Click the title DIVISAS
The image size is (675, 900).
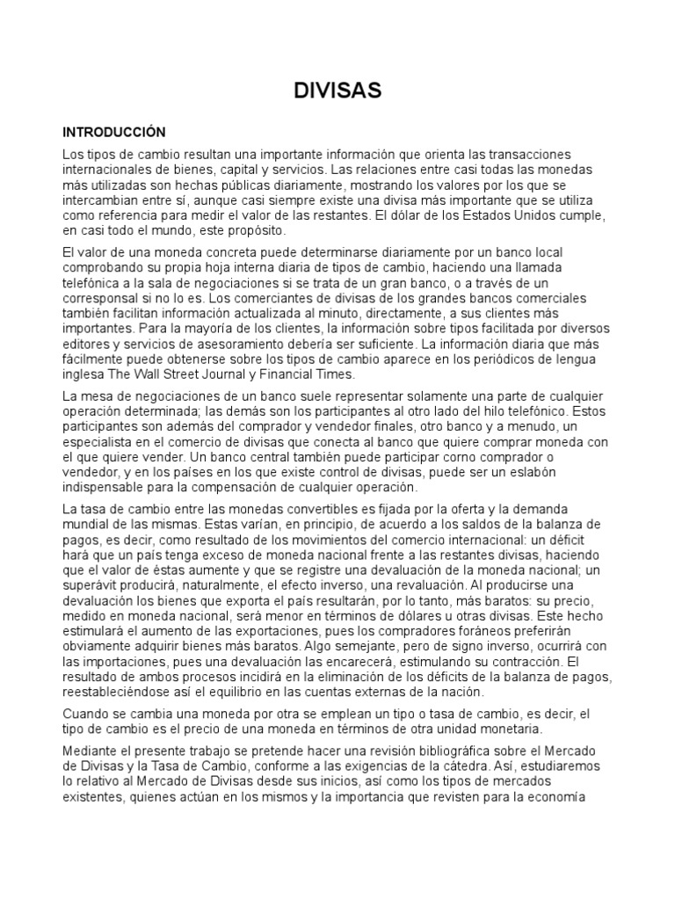pos(337,91)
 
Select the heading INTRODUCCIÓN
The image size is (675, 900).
pos(113,132)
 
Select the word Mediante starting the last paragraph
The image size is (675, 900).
pos(93,751)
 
